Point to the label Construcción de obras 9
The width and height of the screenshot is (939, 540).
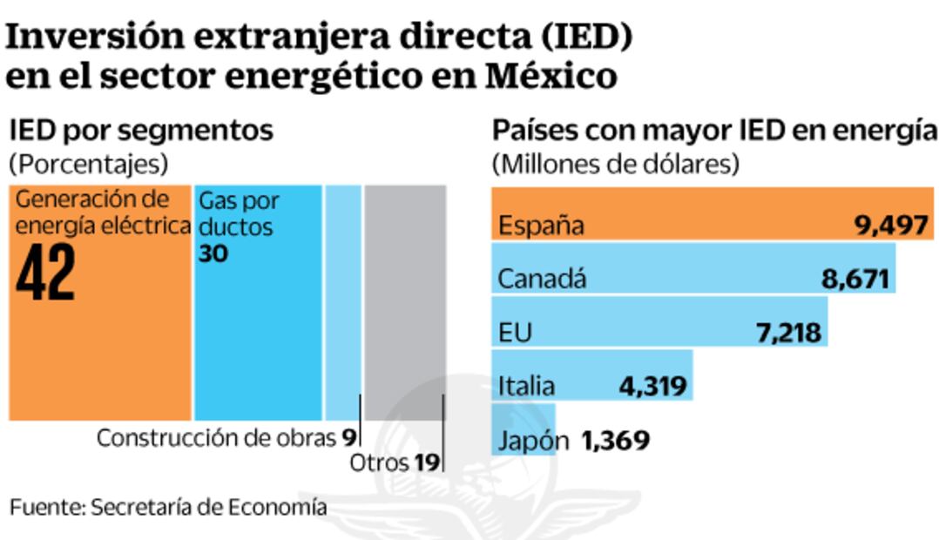click(226, 436)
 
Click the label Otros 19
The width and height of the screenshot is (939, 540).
click(394, 463)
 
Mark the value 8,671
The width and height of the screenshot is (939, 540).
click(855, 280)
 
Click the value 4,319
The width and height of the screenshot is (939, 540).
click(651, 385)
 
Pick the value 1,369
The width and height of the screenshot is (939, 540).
click(614, 441)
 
